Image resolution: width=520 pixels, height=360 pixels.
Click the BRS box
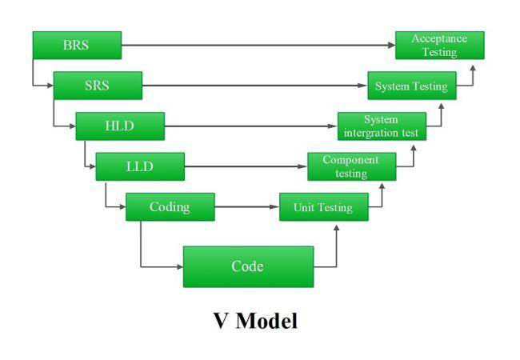click(77, 46)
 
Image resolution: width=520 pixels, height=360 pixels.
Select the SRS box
click(98, 86)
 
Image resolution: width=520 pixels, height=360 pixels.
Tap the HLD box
click(120, 126)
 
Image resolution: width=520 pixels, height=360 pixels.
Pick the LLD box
click(140, 166)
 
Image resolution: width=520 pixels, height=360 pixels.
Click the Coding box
click(170, 207)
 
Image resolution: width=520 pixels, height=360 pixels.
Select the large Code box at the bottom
click(248, 266)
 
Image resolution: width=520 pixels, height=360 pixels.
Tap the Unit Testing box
click(323, 207)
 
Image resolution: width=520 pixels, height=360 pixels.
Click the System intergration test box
click(382, 126)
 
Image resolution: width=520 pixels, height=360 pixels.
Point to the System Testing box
click(411, 86)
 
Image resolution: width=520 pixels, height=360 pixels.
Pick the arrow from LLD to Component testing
click(246, 166)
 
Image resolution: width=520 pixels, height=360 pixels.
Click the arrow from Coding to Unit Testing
click(246, 207)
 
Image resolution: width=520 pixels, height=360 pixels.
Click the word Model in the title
click(267, 321)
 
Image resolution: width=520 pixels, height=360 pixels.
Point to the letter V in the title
click(222, 321)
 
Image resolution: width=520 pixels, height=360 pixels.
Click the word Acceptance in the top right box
click(439, 38)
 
